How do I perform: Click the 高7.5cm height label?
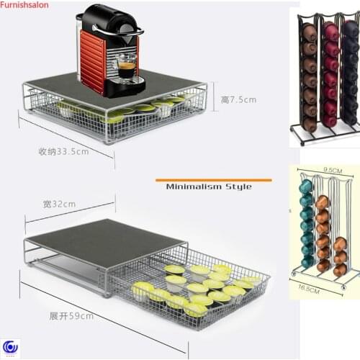(x=238, y=99)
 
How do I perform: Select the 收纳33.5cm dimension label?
(x=63, y=151)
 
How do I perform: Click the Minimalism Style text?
(x=209, y=186)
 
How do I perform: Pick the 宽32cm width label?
(x=59, y=204)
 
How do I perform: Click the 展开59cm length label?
(x=71, y=316)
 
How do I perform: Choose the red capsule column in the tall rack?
(x=330, y=72)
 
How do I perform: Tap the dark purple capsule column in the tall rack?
(x=351, y=72)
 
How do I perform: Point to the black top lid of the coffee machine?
(x=108, y=16)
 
